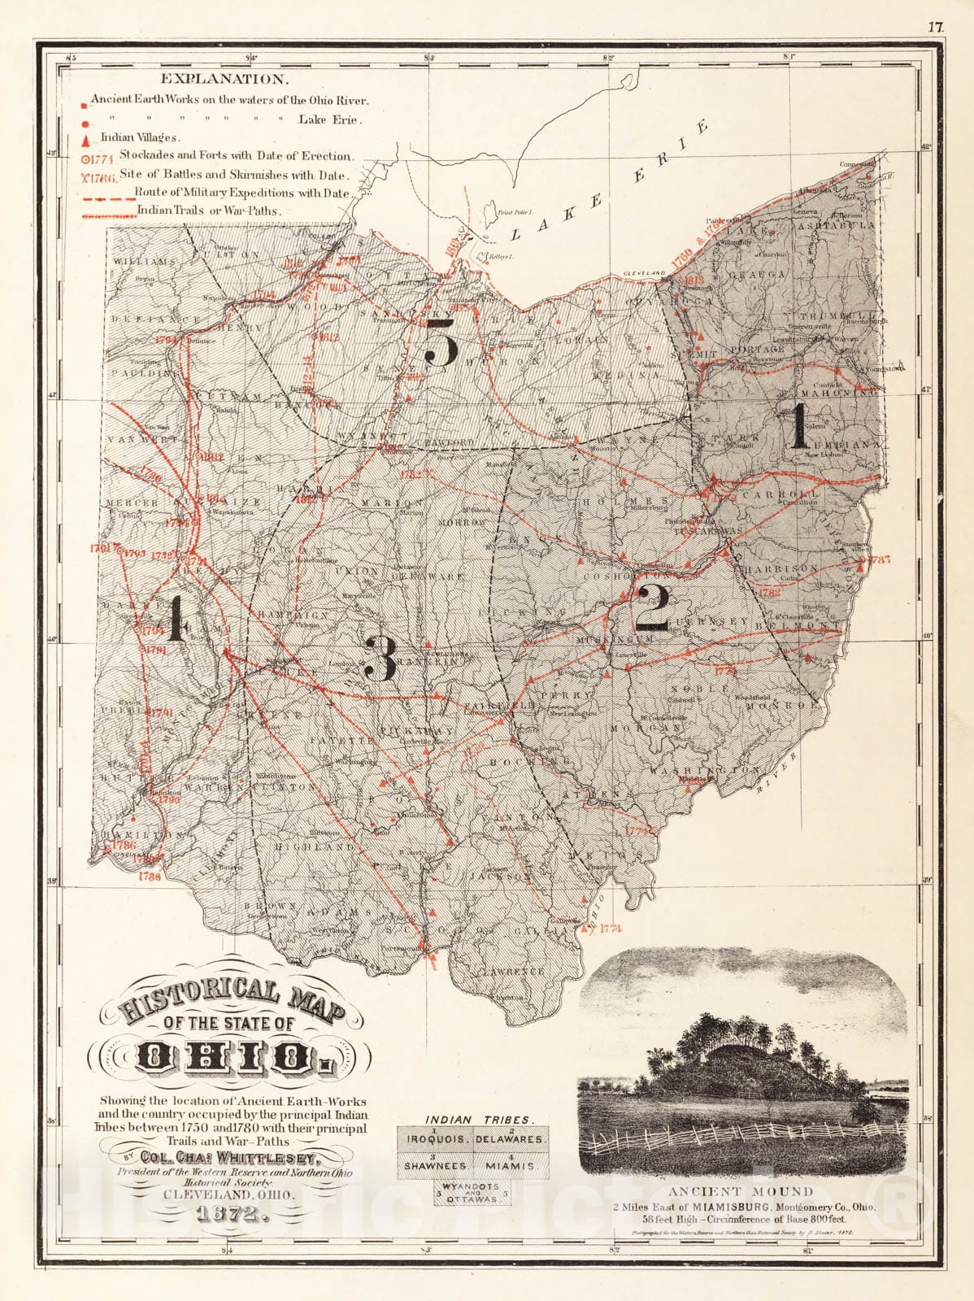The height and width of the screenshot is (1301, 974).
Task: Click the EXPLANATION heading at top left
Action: click(224, 79)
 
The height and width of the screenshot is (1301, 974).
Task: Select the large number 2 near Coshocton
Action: click(652, 607)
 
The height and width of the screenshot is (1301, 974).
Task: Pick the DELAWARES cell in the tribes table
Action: click(511, 1139)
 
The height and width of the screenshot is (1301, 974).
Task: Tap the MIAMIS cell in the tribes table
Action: click(511, 1165)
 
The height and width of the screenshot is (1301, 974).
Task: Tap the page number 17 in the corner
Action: click(935, 27)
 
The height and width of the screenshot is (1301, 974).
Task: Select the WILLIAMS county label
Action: click(144, 262)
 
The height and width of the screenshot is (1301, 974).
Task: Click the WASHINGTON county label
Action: click(704, 770)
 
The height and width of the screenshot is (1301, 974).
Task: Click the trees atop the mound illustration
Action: click(736, 1034)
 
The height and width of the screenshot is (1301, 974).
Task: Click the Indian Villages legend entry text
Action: click(140, 137)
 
